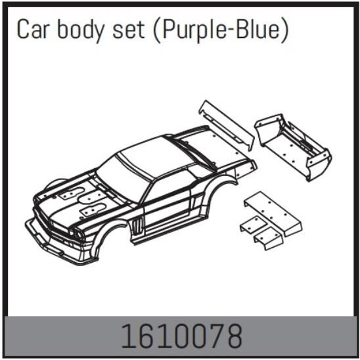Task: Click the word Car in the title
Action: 34,30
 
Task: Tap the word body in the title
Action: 84,30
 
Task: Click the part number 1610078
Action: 180,337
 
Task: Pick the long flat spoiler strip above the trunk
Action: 227,125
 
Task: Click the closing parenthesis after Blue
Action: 284,30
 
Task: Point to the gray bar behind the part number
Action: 66,337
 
